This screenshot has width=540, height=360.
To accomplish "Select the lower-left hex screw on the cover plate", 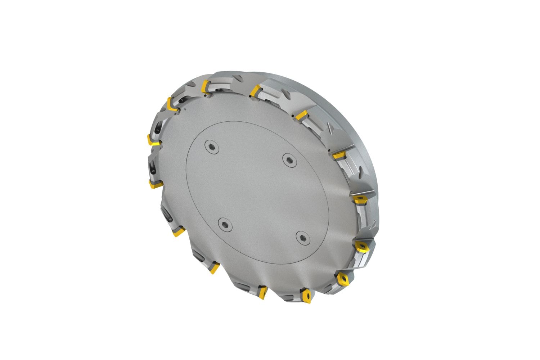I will point(224,224).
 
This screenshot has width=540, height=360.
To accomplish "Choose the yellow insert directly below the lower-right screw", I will point(307,295).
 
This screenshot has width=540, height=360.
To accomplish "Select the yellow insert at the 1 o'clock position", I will point(301,115).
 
